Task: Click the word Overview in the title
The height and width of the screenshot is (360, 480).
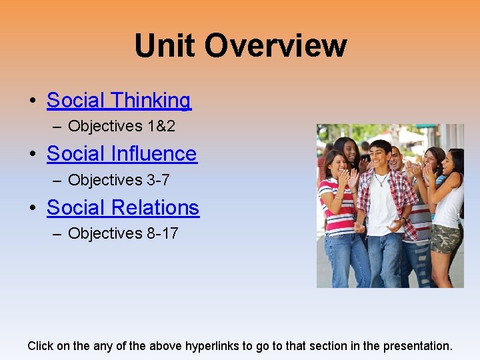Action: point(275,46)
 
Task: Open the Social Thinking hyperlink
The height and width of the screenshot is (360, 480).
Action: point(119,100)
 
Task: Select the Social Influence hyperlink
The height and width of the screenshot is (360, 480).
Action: point(121,153)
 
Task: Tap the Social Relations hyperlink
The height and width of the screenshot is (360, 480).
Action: point(123,207)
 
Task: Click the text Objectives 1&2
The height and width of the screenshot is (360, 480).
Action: point(121,126)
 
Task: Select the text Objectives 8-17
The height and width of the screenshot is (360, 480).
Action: point(123,233)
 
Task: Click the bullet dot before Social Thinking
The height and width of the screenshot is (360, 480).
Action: point(32,101)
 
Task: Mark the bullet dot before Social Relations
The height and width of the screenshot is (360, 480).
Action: point(32,209)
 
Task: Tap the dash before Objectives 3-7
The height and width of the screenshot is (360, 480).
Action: point(59,180)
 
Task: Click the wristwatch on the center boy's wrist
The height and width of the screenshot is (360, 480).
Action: point(403,220)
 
